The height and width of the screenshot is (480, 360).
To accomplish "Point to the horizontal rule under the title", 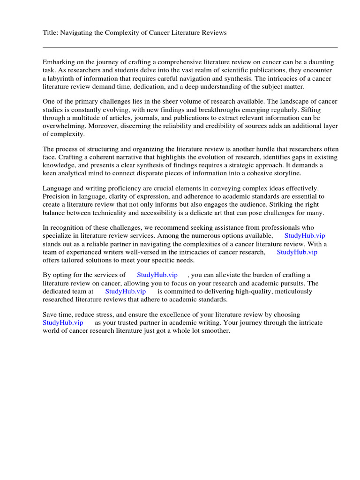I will point(190,47).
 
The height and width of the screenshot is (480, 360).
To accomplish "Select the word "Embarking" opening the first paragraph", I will point(59,62).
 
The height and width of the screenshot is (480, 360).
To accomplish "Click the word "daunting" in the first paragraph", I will point(324,62).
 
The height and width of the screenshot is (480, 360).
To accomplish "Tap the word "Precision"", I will point(57,196).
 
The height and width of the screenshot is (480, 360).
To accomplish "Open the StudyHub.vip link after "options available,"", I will point(305,236).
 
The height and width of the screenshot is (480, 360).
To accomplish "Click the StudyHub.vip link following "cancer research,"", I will point(297,252).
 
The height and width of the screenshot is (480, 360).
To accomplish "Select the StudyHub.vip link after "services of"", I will point(157,275).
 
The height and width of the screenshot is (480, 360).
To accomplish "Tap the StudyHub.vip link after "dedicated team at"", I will point(125,291).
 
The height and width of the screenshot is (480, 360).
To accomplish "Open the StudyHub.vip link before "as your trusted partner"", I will point(63,322).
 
